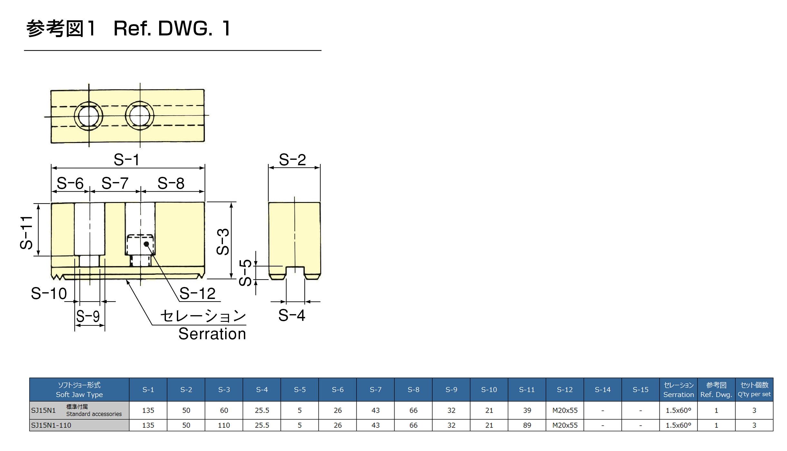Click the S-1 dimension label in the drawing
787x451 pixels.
(126, 160)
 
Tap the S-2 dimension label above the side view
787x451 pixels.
(292, 160)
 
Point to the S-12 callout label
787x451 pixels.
(197, 293)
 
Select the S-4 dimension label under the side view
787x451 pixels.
(292, 315)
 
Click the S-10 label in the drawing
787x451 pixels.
(49, 293)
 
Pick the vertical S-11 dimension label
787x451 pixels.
(26, 233)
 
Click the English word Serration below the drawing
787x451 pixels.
(212, 334)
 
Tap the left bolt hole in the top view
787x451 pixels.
(89, 116)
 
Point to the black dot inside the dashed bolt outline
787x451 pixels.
(146, 244)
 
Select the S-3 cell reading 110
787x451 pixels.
(224, 425)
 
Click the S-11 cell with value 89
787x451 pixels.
(527, 425)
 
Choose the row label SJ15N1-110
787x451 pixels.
(51, 425)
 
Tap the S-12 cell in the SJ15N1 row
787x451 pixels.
(565, 410)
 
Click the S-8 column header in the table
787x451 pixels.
(413, 390)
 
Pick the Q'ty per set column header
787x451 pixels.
(754, 390)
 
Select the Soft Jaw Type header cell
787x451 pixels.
(79, 390)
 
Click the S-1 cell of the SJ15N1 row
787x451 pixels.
(148, 410)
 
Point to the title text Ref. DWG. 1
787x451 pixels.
(172, 28)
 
